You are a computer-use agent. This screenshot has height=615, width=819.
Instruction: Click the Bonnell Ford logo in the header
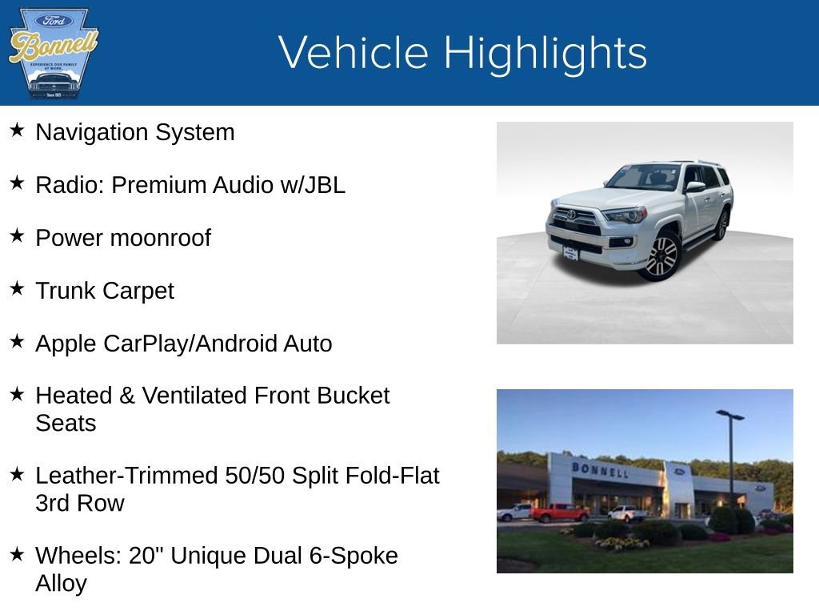pyautogui.click(x=53, y=53)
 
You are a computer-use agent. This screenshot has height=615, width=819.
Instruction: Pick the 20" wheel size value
pyautogui.click(x=147, y=555)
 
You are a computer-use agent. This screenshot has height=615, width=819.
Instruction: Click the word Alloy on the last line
pyautogui.click(x=61, y=583)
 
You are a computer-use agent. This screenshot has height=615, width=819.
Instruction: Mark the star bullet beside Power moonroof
pyautogui.click(x=18, y=236)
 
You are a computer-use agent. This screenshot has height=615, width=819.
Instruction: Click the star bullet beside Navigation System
pyautogui.click(x=18, y=131)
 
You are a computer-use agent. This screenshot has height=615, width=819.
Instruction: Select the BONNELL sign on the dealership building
pyautogui.click(x=600, y=469)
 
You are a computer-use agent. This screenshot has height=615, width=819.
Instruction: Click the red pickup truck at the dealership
pyautogui.click(x=559, y=512)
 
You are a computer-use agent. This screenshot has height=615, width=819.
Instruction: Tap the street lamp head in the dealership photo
pyautogui.click(x=730, y=414)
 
